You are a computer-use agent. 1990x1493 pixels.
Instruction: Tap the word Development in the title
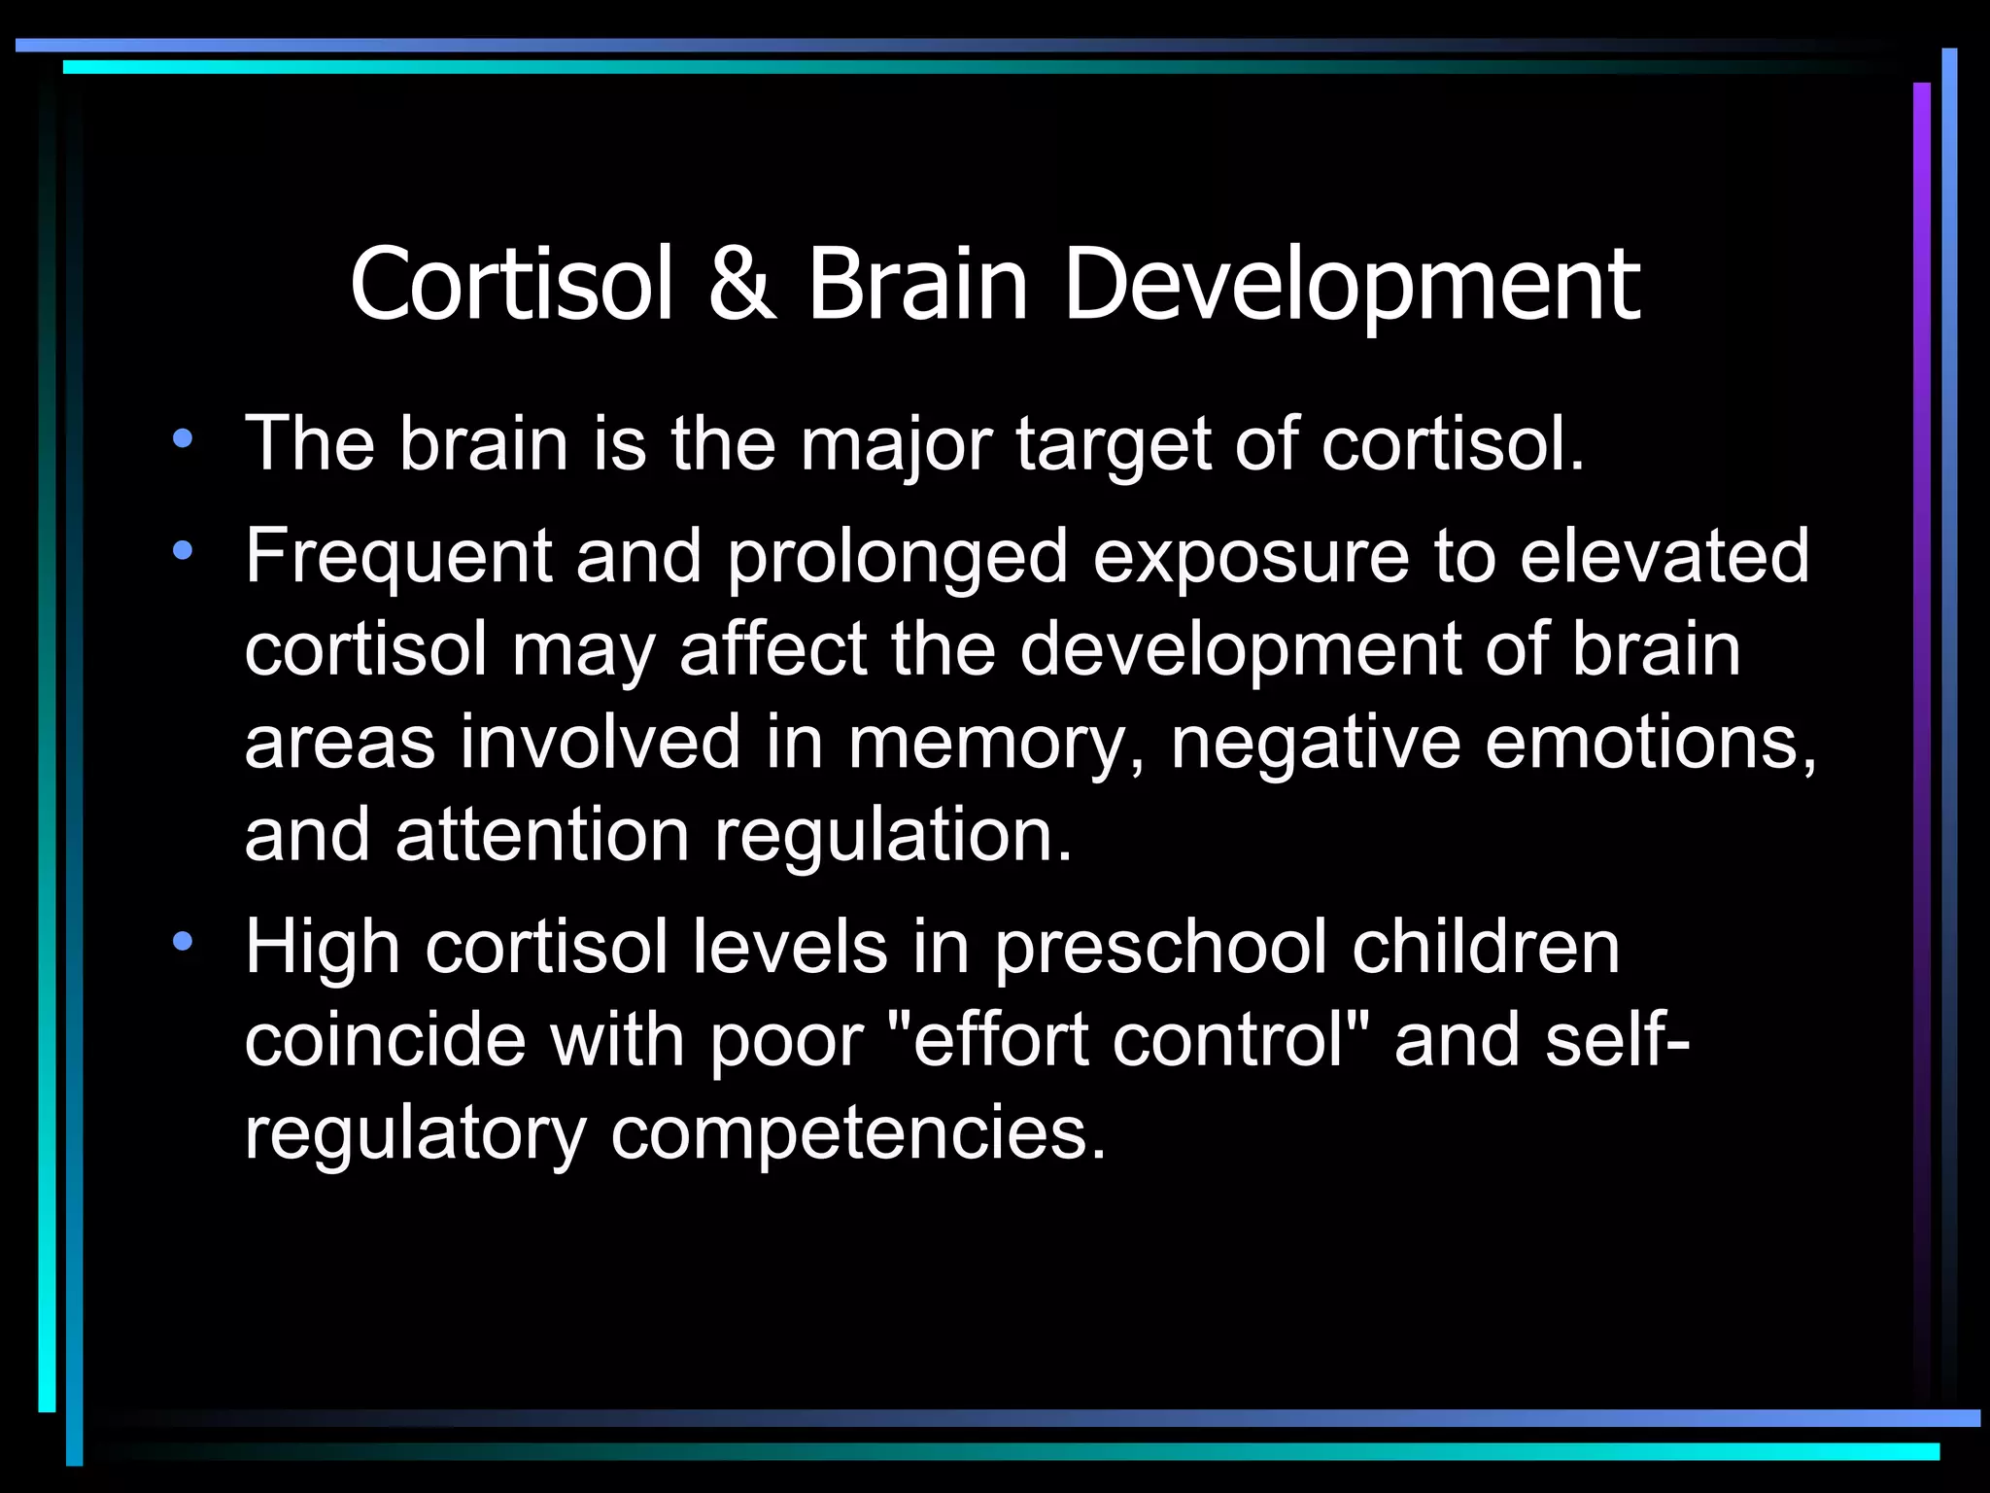[1352, 286]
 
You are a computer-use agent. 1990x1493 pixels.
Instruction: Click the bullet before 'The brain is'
[182, 438]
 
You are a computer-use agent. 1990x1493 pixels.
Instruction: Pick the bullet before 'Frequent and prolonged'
[182, 551]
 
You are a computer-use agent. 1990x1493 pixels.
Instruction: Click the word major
[896, 446]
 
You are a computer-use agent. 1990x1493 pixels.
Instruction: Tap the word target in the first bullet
[1114, 446]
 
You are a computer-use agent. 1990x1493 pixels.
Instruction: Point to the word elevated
[1664, 556]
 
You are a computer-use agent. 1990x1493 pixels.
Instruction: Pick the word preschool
[1160, 948]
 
